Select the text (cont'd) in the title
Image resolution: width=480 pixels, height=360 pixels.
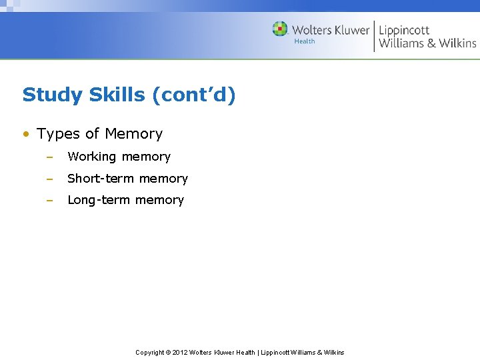[x=193, y=95]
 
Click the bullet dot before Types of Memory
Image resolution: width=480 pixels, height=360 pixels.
[x=25, y=134]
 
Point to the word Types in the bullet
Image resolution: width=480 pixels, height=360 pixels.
[x=58, y=134]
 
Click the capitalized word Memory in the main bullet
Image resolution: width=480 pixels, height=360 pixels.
[x=133, y=134]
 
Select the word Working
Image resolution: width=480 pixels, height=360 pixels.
[x=91, y=157]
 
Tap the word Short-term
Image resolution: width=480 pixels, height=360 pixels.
[x=97, y=179]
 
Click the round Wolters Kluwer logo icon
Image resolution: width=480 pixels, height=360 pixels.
[x=280, y=29]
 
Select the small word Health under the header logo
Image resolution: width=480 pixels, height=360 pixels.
[x=304, y=41]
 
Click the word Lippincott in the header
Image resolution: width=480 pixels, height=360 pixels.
[x=404, y=30]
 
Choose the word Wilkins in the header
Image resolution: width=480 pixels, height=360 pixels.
[x=457, y=43]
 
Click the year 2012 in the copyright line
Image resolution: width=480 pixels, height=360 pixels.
[x=180, y=353]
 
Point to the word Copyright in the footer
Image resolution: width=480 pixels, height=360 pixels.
[x=149, y=353]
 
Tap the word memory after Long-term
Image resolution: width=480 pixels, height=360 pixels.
[x=159, y=200]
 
